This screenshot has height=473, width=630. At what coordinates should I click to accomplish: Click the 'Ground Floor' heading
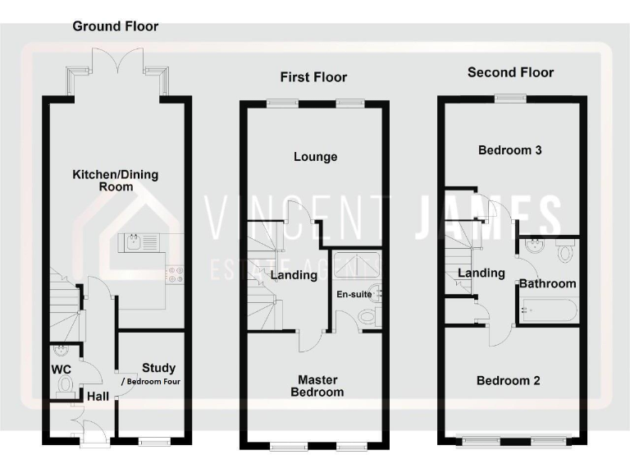pos(116,26)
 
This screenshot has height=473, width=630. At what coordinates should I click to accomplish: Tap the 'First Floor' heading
pos(313,77)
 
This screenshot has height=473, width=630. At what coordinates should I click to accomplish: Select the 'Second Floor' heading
pos(510,72)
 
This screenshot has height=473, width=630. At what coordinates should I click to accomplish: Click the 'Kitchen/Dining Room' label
pos(116,181)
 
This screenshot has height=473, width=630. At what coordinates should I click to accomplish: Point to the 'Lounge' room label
pos(315,157)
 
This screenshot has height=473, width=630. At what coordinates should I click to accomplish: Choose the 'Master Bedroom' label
pos(321,386)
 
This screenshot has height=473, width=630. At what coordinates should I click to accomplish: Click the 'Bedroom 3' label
pos(509,150)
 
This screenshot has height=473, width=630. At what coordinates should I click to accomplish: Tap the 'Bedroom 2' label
pos(509,381)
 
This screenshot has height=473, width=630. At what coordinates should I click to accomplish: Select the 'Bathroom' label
pos(546,283)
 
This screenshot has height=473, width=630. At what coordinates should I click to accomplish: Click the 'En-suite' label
pos(354,293)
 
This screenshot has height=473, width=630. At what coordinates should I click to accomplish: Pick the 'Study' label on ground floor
pos(158,368)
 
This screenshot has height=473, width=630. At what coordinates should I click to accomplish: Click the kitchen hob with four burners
pos(175,274)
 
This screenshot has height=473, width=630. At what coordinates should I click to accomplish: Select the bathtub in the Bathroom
pos(547,311)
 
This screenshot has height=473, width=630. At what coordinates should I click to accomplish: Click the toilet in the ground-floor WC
pos(66,384)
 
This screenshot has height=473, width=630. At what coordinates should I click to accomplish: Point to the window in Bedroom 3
pos(509,99)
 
